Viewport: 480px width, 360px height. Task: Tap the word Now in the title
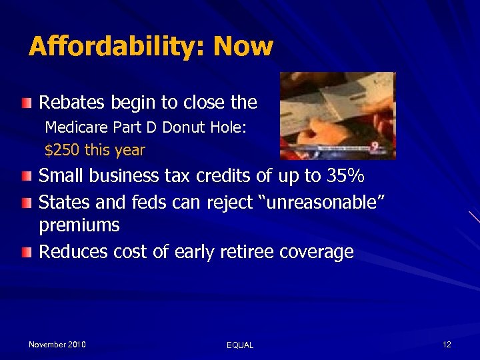point(244,47)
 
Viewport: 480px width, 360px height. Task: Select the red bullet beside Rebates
point(25,103)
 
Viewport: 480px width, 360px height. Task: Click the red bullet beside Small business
point(25,177)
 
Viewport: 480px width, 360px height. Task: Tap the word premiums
point(79,226)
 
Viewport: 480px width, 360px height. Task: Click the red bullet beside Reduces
point(25,252)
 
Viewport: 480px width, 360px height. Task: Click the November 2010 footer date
point(57,344)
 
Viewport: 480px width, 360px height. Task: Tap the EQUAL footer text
point(240,345)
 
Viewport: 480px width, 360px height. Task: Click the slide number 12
point(447,344)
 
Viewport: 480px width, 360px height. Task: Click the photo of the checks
point(337,116)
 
